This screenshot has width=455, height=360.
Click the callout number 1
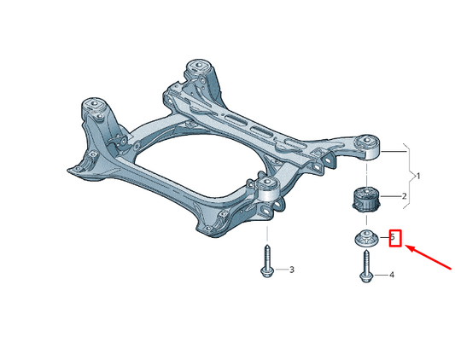(x=418, y=176)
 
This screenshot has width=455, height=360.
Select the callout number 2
(x=405, y=196)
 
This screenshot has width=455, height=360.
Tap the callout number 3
(x=292, y=270)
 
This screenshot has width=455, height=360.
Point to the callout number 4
(x=392, y=275)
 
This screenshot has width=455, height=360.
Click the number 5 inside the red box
(x=393, y=236)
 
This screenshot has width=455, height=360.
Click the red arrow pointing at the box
(x=428, y=258)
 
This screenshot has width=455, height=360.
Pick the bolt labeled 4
(x=366, y=266)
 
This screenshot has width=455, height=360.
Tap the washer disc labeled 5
(x=367, y=238)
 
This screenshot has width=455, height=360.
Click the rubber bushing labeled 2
(x=366, y=200)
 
